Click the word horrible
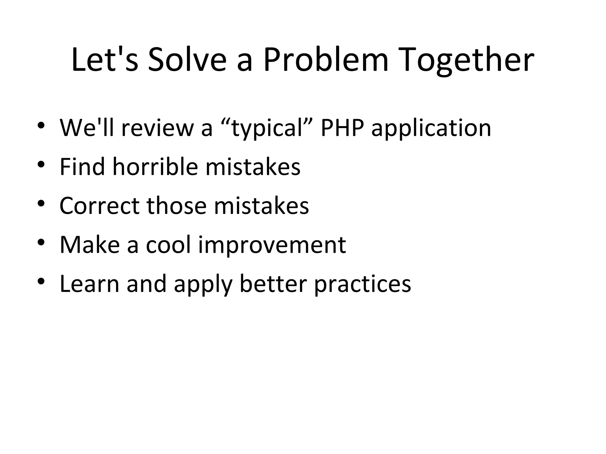point(155,166)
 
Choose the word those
point(176,205)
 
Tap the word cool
point(168,244)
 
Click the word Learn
point(89,283)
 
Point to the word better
point(273,283)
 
